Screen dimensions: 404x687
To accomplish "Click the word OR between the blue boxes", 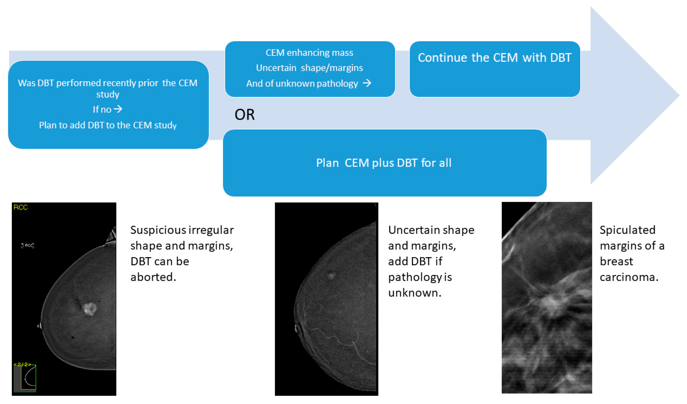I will click(x=244, y=115).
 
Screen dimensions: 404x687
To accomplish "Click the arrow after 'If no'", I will click(x=118, y=109).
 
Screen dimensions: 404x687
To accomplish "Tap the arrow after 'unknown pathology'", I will click(x=367, y=83).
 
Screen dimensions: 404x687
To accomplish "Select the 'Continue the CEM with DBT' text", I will click(x=495, y=58).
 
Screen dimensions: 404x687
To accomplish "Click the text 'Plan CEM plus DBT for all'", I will click(x=384, y=163).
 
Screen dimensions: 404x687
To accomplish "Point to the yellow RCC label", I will click(x=20, y=207).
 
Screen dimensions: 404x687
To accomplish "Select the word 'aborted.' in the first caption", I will click(x=153, y=277).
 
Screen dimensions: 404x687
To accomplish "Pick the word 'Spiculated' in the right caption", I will click(x=627, y=230).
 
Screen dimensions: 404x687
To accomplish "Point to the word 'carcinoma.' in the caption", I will click(x=629, y=277).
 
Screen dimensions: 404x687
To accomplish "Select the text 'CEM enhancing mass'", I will click(x=309, y=53).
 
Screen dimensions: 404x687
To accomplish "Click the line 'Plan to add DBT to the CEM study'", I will click(x=108, y=125).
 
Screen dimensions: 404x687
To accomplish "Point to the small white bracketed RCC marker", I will click(x=28, y=246).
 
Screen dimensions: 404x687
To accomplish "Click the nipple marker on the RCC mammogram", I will click(x=39, y=326).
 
